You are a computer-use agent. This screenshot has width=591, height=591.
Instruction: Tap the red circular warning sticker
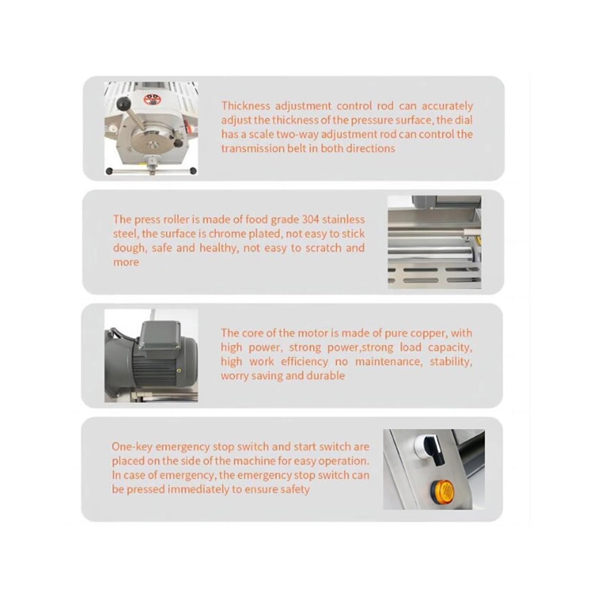coord(151,99)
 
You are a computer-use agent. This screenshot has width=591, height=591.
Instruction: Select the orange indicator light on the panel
coord(442,490)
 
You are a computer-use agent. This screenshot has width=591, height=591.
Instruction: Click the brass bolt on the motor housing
coord(178,370)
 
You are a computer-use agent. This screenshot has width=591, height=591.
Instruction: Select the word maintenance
coord(389,362)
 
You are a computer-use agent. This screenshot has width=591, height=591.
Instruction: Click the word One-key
coord(132,447)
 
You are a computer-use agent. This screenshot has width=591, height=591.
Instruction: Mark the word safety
coord(295,489)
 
